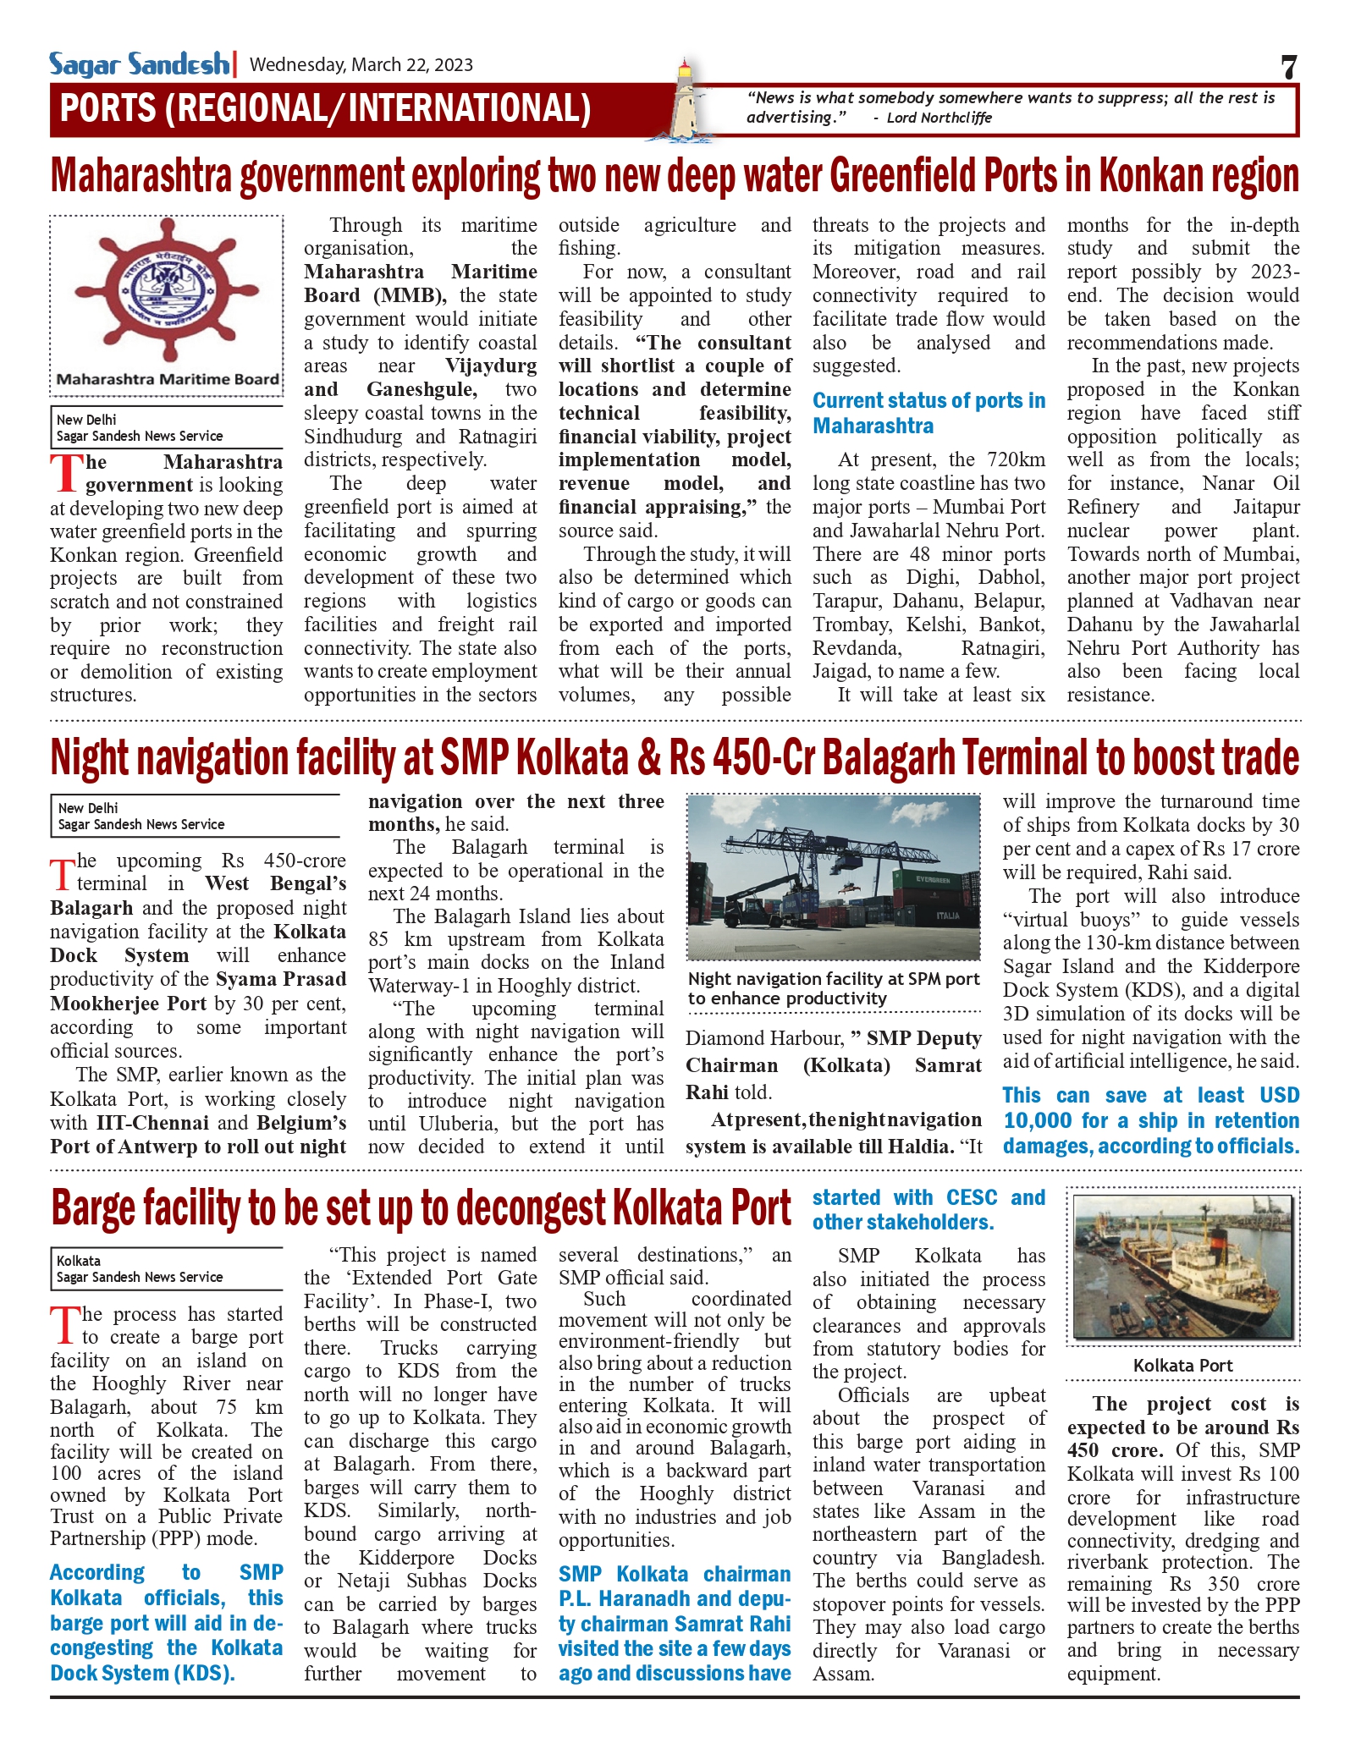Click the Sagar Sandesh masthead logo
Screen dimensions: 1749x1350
click(139, 64)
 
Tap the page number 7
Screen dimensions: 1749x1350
click(1288, 66)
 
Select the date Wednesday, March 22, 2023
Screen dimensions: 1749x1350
click(361, 65)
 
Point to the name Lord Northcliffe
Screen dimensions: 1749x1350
click(939, 118)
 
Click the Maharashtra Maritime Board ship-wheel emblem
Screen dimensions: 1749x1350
click(166, 292)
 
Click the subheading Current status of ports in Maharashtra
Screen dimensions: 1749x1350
click(928, 413)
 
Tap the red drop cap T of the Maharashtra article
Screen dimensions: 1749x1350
click(65, 474)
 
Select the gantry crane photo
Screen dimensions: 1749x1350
click(833, 877)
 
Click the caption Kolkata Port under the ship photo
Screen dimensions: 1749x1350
click(1182, 1365)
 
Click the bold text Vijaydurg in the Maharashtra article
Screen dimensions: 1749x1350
click(491, 366)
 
